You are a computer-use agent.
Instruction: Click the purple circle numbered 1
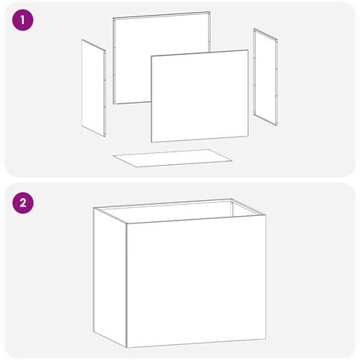(x=22, y=20)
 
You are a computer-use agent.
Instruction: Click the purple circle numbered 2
(x=22, y=202)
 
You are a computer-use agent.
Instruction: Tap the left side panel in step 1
(x=94, y=88)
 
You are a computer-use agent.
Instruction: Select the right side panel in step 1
(x=265, y=76)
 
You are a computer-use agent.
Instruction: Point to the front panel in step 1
(x=199, y=96)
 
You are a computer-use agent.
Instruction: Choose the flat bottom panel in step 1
(x=172, y=158)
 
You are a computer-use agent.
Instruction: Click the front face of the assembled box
(x=196, y=281)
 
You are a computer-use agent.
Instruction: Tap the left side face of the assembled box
(x=110, y=277)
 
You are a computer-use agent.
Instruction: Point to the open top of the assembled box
(x=179, y=211)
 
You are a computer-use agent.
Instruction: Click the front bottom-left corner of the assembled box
(x=127, y=348)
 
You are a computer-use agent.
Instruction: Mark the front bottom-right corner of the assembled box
(x=265, y=339)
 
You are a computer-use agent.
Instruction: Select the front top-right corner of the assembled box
(x=265, y=215)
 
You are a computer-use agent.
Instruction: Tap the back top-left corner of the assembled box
(x=94, y=208)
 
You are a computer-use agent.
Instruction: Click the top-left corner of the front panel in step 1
(x=151, y=56)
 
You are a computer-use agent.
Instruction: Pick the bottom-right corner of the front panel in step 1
(x=248, y=136)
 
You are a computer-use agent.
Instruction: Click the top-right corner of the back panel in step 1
(x=210, y=11)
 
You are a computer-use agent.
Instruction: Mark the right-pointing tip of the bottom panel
(x=232, y=160)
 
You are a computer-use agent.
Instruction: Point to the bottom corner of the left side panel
(x=104, y=136)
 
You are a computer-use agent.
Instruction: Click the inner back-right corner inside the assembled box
(x=232, y=202)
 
